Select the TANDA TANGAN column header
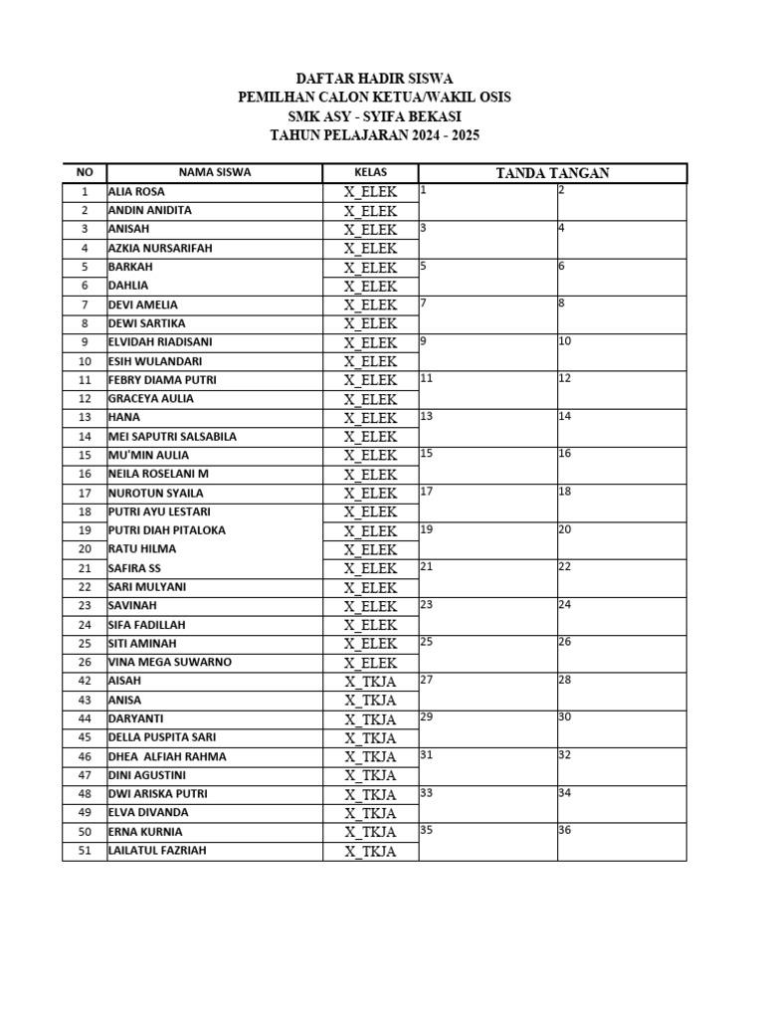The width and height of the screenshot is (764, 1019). click(552, 173)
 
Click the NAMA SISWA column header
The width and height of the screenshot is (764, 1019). click(215, 172)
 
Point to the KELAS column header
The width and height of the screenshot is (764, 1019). click(370, 172)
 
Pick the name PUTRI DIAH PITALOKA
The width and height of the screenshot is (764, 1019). click(166, 530)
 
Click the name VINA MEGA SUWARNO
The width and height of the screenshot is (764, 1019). click(169, 663)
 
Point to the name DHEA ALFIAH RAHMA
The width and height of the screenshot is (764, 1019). click(166, 756)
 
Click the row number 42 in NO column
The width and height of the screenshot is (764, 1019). click(85, 682)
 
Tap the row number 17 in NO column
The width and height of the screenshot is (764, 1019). click(85, 494)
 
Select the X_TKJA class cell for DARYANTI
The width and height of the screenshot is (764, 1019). click(370, 719)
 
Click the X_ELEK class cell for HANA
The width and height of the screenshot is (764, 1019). click(370, 418)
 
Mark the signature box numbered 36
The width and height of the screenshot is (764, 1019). click(622, 842)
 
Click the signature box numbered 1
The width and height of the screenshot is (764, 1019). click(487, 202)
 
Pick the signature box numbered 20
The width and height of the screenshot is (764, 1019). click(622, 540)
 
